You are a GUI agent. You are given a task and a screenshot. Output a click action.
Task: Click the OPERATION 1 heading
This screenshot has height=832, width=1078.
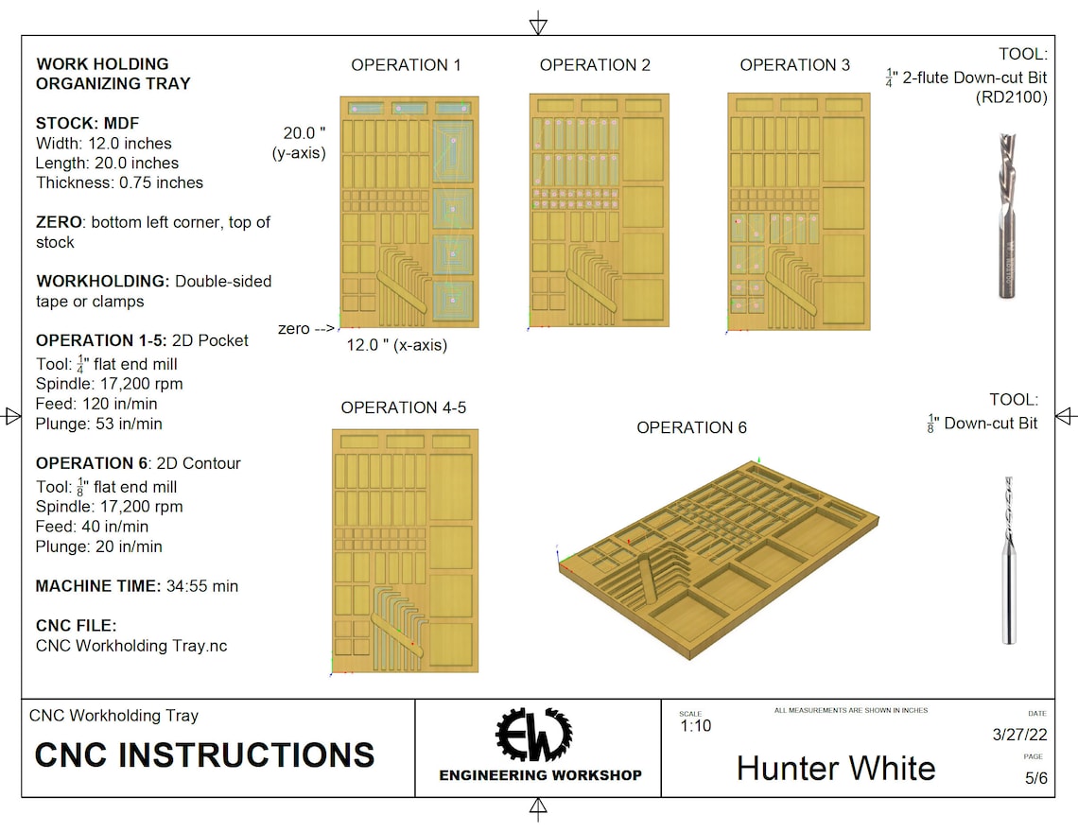click(406, 65)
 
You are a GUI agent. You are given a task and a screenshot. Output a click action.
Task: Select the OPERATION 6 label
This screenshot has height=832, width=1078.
click(691, 427)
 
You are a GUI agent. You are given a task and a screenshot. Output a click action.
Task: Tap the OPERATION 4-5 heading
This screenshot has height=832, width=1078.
click(403, 407)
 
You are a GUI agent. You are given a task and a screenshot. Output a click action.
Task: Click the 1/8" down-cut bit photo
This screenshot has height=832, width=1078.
click(1009, 560)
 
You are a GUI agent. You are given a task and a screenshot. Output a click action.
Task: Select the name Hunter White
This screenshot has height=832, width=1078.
click(836, 768)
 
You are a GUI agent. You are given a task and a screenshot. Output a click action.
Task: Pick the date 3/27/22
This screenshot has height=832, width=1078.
click(1018, 735)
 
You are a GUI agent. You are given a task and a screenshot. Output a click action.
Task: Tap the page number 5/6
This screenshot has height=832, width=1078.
click(1035, 779)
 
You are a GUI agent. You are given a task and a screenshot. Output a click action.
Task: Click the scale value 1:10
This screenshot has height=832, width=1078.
click(695, 726)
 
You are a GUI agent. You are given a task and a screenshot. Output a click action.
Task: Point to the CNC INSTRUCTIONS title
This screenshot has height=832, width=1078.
click(204, 754)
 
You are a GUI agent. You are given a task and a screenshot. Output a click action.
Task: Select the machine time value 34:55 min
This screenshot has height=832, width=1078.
click(201, 586)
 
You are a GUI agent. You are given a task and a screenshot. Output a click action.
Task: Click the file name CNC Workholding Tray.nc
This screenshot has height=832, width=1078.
click(130, 646)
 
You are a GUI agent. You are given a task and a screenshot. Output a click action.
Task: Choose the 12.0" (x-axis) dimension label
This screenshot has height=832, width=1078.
click(396, 345)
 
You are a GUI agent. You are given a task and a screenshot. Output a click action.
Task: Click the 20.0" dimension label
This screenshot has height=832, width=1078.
click(304, 132)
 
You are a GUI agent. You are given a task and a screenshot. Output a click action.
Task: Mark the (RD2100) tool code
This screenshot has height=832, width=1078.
click(1011, 96)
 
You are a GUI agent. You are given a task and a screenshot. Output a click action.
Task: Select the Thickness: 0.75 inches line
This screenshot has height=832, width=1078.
click(119, 182)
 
